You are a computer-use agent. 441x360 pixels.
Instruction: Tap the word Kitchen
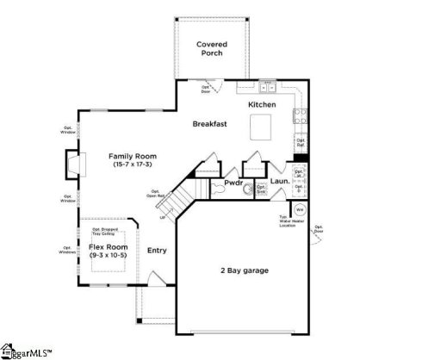tap(262, 104)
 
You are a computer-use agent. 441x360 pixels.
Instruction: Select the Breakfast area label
tap(209, 124)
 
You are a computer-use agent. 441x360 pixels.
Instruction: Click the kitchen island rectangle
tap(261, 128)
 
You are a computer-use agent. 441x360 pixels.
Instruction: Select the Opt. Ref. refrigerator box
tap(301, 142)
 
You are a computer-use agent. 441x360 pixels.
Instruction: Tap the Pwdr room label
tap(233, 183)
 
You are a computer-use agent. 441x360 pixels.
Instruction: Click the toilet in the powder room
tap(247, 190)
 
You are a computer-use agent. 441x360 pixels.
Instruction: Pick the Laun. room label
tap(279, 183)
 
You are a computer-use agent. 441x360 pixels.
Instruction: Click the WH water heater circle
tap(300, 209)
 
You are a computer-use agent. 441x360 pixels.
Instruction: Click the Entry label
tap(156, 251)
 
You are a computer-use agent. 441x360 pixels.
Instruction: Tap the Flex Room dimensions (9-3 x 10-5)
tap(108, 257)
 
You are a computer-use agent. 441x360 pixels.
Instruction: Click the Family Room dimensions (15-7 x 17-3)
tap(131, 164)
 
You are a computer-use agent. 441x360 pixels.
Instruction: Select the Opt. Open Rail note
tap(155, 194)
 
